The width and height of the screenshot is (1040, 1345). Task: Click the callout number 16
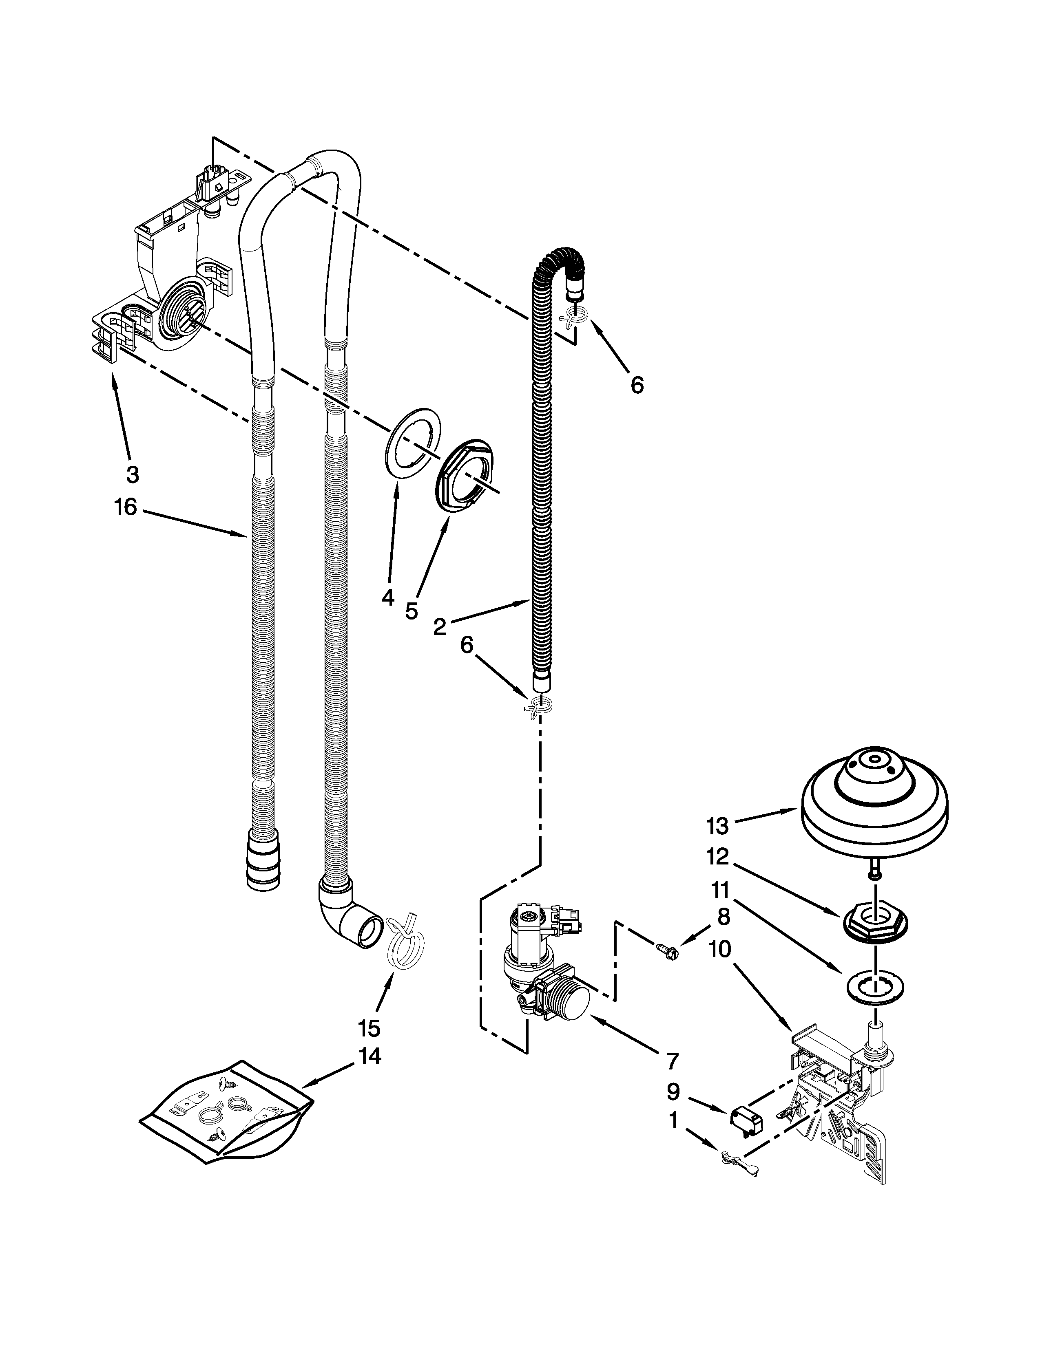[125, 508]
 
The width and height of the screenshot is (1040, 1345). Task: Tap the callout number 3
[133, 474]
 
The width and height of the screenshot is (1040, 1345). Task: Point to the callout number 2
[439, 627]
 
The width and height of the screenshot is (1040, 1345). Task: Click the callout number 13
[718, 825]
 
